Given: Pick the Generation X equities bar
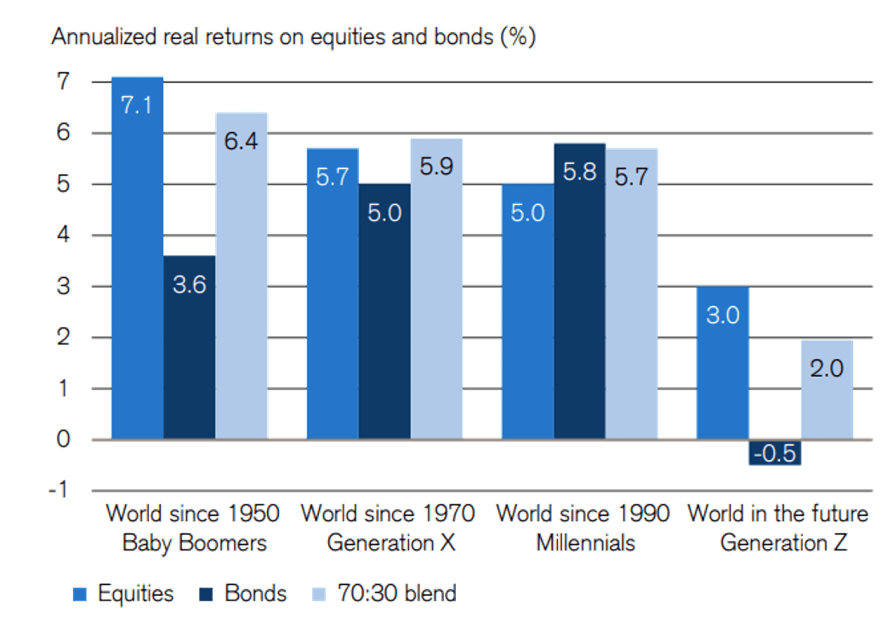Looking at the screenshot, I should tap(333, 293).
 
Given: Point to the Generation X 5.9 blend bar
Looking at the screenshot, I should tap(436, 288).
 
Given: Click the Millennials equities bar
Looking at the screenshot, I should tap(527, 311).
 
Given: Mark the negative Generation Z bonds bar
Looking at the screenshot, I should tap(775, 452).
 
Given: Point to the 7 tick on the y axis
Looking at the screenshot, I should tap(65, 82).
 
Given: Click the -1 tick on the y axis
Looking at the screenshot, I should tap(61, 491).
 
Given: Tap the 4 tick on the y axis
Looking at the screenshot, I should tap(65, 236).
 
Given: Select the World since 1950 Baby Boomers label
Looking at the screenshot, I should tap(192, 528).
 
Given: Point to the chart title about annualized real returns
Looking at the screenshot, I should tap(293, 37).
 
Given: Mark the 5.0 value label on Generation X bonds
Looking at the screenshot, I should tap(384, 212).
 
